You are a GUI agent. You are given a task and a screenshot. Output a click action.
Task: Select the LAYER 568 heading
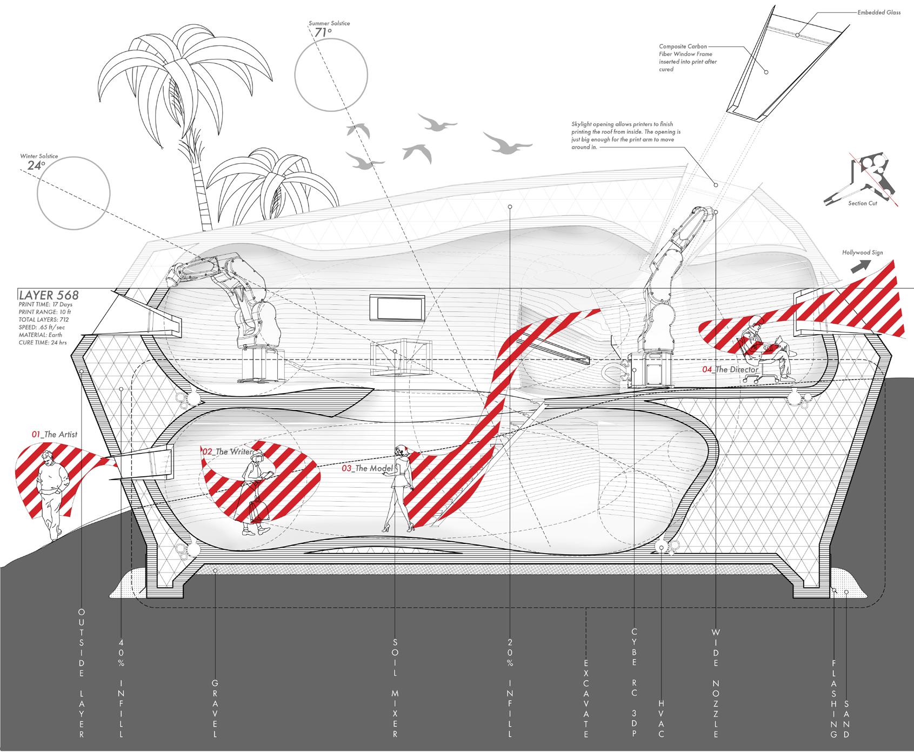point(49,295)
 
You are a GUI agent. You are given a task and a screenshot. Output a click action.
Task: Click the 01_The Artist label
point(54,434)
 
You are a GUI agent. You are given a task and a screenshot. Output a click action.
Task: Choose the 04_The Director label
point(729,370)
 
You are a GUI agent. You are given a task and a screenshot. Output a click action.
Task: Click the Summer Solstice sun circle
point(331,72)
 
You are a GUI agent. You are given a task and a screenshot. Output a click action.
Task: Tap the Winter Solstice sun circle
point(74,193)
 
